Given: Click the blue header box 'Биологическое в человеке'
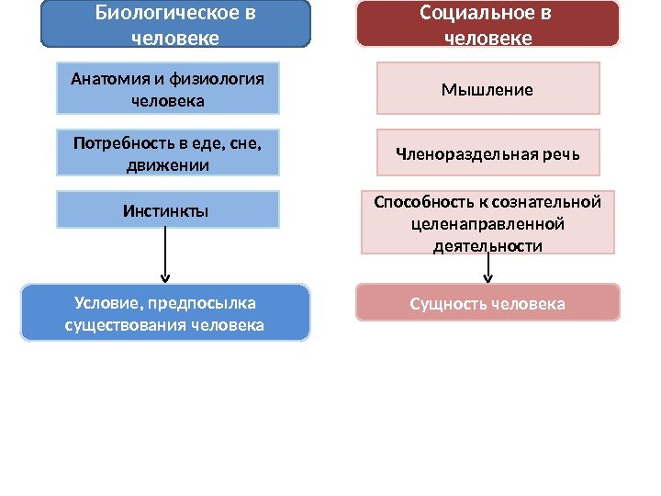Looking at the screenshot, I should (x=176, y=25).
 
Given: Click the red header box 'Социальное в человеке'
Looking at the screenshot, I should (x=487, y=25).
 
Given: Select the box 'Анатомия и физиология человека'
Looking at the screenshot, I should (x=167, y=88).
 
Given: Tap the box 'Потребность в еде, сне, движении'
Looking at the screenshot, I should (x=167, y=152).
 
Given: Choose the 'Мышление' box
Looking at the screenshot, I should (x=488, y=91).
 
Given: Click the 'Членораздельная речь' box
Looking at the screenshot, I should (x=488, y=153).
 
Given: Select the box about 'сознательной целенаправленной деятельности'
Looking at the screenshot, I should (x=488, y=223).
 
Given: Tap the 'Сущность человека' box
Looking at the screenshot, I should (x=488, y=302).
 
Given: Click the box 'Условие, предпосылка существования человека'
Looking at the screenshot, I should (x=165, y=313).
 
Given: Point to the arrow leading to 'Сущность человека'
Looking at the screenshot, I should (x=488, y=268).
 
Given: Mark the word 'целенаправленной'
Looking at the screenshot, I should (x=487, y=224).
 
